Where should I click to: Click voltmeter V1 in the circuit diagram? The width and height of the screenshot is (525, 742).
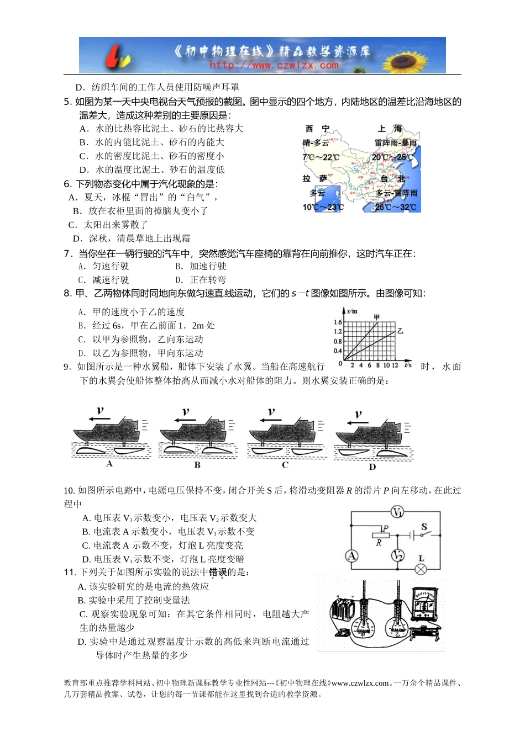[397, 512]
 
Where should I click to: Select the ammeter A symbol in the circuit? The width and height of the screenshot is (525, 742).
[352, 555]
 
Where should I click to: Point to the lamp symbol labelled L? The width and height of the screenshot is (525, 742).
[421, 569]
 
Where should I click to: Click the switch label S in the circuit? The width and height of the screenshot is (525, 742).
[424, 527]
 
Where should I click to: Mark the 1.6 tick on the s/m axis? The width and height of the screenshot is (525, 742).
[338, 322]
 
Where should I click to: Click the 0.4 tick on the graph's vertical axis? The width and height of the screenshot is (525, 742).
[338, 351]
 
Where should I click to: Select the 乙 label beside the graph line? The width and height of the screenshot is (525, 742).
[400, 331]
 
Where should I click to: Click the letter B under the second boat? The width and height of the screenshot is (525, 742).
[197, 465]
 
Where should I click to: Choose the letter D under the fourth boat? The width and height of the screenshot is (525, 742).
[372, 467]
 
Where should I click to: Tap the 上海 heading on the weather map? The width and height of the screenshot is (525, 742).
[390, 129]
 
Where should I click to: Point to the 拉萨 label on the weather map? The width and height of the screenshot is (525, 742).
[314, 178]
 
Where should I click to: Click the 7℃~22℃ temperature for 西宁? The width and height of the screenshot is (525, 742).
[321, 157]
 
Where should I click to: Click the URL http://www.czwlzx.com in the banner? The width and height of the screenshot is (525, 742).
[274, 65]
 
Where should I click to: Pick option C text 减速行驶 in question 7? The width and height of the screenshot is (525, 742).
[110, 280]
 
